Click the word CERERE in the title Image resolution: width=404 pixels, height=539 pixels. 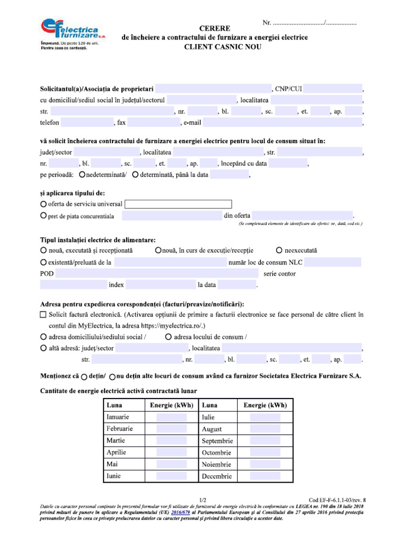(215, 28)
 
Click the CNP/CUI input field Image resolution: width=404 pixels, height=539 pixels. (332, 88)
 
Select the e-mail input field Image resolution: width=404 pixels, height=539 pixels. (282, 123)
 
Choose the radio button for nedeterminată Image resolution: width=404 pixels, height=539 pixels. (82, 175)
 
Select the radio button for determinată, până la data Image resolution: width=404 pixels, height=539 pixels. (136, 175)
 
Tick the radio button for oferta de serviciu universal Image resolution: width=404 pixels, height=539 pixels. (43, 204)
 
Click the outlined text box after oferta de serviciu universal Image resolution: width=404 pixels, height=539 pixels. (178, 204)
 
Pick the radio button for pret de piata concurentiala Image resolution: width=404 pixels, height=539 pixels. (43, 216)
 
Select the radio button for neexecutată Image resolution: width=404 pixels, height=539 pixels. (279, 250)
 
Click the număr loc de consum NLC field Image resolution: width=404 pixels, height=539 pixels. (332, 262)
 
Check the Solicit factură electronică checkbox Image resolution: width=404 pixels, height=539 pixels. (44, 315)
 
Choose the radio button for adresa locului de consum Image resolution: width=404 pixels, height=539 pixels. (168, 336)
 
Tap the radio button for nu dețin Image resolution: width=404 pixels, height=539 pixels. (113, 377)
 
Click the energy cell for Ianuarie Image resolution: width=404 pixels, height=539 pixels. (171, 417)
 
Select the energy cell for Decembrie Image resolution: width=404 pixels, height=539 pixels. (265, 476)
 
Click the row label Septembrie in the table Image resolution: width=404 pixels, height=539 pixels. (217, 441)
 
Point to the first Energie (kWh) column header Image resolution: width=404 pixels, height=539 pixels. (171, 405)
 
